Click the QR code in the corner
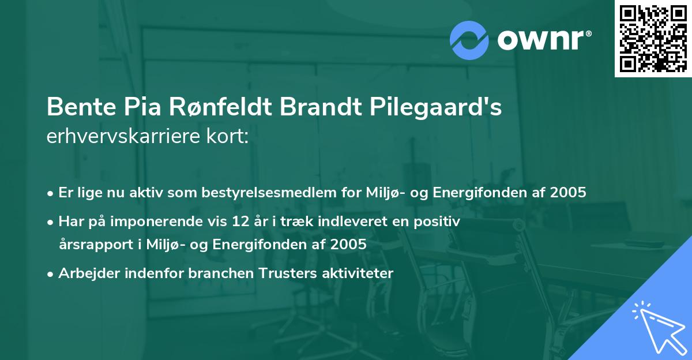click(x=653, y=39)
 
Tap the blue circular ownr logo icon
click(x=470, y=40)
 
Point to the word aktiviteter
click(x=360, y=273)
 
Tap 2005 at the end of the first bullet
click(x=567, y=192)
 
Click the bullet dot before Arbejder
click(x=51, y=273)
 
